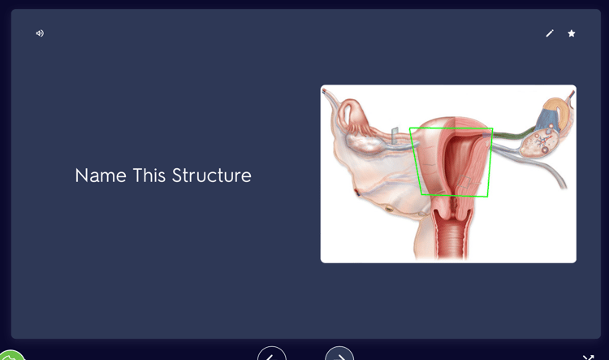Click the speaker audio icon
(x=40, y=33)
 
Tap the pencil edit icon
(x=550, y=33)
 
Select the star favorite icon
(x=572, y=33)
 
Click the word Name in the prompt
(x=101, y=176)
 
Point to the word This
(x=149, y=176)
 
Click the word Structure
(x=212, y=176)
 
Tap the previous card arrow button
(x=271, y=353)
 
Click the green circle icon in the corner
(x=11, y=355)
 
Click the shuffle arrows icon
(x=588, y=358)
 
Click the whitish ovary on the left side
(x=364, y=142)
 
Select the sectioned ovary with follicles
(x=539, y=143)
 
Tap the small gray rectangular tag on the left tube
(x=395, y=136)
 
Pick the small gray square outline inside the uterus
(x=464, y=182)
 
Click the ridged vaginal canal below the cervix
(x=452, y=236)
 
